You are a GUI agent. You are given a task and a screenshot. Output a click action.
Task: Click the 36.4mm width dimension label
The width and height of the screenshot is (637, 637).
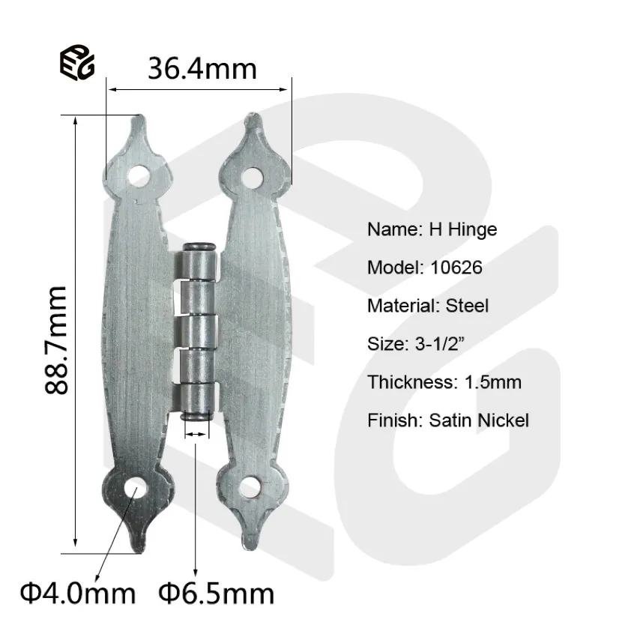tap(202, 69)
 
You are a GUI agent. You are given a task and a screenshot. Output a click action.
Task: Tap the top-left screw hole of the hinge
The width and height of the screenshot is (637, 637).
tap(138, 176)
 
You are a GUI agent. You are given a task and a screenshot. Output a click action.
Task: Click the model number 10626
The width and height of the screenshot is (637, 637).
tap(457, 268)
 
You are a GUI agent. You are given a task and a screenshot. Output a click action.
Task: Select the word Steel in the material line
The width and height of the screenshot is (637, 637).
tap(467, 306)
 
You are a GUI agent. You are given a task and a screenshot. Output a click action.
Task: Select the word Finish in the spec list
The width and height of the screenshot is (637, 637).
tap(393, 420)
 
